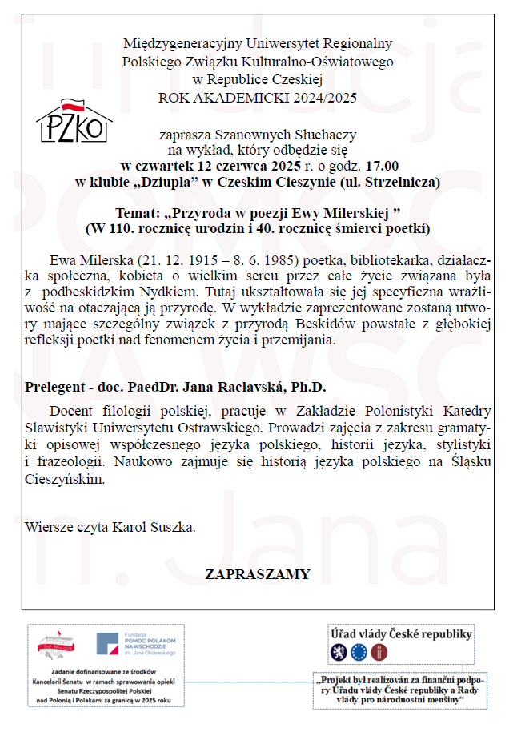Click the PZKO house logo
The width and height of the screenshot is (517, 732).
74,120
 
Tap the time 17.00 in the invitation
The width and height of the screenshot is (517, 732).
382,166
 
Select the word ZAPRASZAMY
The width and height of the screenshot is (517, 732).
257,574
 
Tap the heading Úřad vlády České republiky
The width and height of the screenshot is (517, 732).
402,634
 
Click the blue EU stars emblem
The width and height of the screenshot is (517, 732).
359,653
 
